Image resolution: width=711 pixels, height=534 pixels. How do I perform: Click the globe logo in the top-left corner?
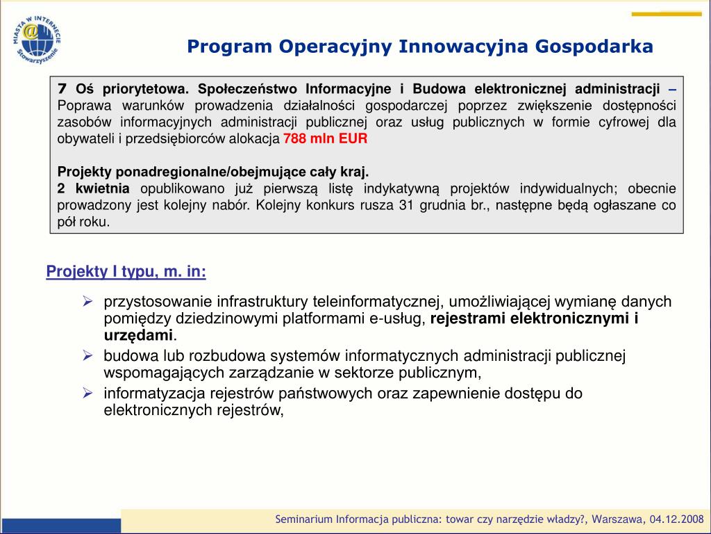point(37,39)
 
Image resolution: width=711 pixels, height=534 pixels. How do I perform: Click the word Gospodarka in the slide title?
point(594,47)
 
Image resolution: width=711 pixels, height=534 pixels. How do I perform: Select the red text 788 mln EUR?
point(325,138)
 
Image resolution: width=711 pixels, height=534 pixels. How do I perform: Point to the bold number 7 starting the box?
point(62,88)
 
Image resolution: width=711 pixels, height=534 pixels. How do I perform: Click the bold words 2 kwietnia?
point(94,188)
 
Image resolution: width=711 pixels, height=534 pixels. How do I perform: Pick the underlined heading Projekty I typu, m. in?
point(126,272)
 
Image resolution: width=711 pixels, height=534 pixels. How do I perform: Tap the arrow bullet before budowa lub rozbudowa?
point(88,355)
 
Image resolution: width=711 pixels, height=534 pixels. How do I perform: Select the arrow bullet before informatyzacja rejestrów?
point(88,393)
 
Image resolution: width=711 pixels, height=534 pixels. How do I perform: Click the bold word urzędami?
point(138,336)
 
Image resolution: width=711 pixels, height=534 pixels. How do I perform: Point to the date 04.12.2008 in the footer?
point(676,519)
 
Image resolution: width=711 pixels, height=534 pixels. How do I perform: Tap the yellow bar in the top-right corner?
point(667,14)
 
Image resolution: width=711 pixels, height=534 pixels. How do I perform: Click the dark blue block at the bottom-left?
point(61,526)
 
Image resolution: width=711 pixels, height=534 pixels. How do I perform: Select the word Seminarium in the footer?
point(304,519)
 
